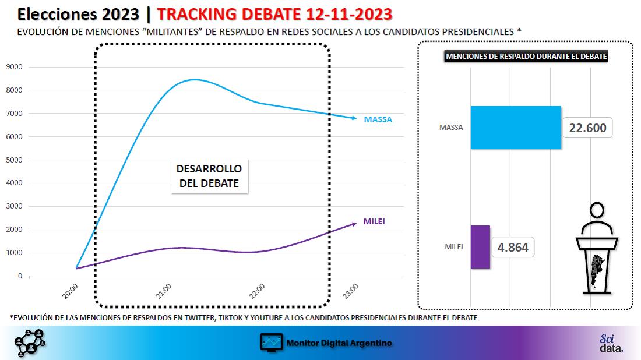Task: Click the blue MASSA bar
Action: coord(516,128)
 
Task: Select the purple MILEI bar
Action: coord(480,247)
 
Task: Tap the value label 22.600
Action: coord(587,128)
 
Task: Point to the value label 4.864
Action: coord(513,247)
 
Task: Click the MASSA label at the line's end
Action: coord(378,119)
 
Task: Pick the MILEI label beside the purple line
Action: coord(374,221)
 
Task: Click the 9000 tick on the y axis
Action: coord(15,66)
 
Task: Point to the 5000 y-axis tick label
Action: coord(15,160)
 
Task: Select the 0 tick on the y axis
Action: coord(20,276)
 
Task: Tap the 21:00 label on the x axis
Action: coord(164,291)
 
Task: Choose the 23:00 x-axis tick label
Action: coord(350,291)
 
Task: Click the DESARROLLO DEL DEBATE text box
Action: coord(209,176)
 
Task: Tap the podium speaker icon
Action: coord(597,248)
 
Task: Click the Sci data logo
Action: coord(611,343)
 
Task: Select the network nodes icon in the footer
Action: coord(30,343)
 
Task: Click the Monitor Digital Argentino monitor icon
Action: coord(271,343)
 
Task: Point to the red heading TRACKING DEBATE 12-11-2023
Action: coord(274,15)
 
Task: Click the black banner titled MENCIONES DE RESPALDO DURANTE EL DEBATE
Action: coord(526,57)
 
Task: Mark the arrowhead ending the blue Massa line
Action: coord(354,118)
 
